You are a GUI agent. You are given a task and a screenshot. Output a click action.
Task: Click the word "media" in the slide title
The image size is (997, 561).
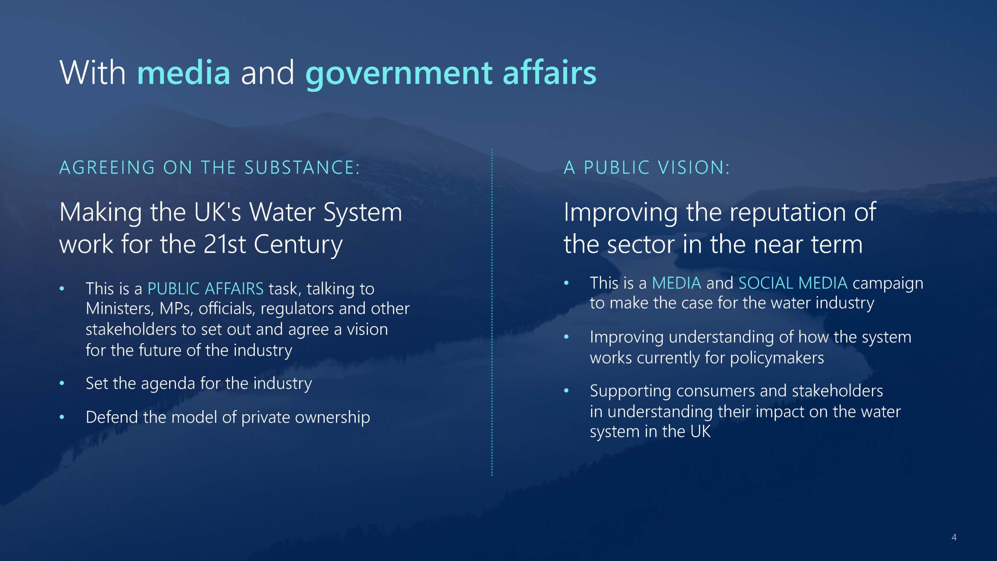[184, 72]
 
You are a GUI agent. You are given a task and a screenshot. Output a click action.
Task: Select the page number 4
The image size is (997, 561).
[954, 537]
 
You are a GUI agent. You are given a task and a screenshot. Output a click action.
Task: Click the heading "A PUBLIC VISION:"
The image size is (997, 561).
[646, 168]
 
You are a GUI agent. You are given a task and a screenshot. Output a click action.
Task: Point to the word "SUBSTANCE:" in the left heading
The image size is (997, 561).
[302, 168]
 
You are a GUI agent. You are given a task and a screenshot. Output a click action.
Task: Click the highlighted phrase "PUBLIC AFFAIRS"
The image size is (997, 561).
[206, 289]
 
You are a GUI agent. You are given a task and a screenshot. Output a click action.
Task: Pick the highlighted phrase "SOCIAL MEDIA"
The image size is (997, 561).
[793, 283]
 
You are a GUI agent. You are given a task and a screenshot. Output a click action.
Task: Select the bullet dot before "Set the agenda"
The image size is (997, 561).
[62, 383]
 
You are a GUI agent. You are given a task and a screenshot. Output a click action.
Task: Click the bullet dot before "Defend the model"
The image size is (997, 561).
[62, 417]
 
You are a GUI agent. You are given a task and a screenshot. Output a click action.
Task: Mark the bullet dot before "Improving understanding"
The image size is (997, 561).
[567, 337]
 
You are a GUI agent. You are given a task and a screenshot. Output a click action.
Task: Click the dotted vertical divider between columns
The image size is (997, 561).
[492, 312]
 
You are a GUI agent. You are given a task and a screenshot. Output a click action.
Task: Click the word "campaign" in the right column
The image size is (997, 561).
[888, 284]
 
